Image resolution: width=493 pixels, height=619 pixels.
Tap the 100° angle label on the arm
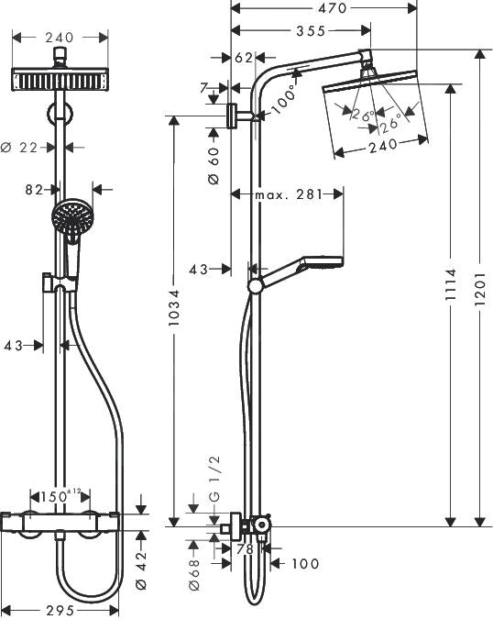tap(283, 94)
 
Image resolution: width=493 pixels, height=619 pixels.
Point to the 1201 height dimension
tap(482, 289)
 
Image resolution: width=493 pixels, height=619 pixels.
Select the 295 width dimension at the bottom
tap(60, 610)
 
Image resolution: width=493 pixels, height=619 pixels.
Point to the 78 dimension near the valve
tap(245, 549)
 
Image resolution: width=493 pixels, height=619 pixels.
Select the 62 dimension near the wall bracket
tap(243, 57)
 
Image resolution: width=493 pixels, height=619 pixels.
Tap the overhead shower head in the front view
tap(60, 79)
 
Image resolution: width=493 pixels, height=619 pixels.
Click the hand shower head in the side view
tap(316, 263)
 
